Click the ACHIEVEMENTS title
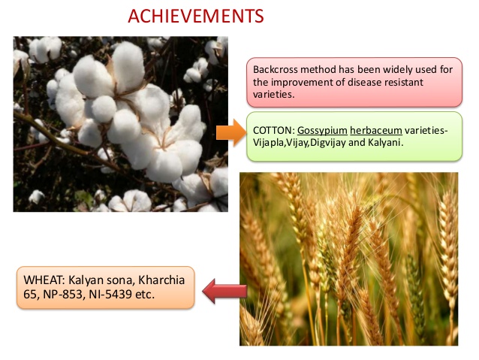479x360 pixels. coord(196,17)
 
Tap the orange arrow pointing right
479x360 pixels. coord(231,132)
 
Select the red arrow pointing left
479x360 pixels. coord(224,291)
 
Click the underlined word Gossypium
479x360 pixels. coord(322,131)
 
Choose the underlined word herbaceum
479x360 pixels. coord(376,130)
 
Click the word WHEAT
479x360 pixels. coord(44,280)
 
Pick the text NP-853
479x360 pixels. coord(63,295)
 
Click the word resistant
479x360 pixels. coord(403,82)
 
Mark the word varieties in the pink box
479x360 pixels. coord(274,95)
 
